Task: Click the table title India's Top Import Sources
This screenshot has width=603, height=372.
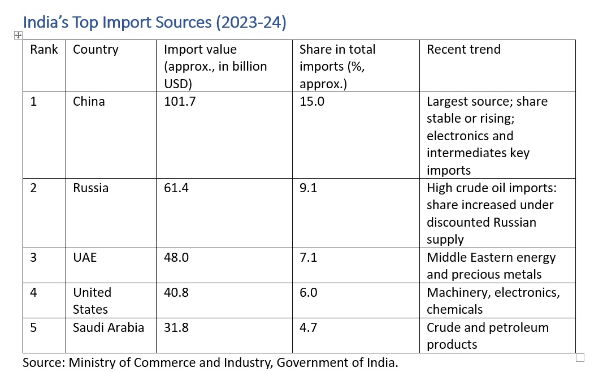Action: pyautogui.click(x=154, y=22)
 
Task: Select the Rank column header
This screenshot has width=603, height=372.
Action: pyautogui.click(x=44, y=49)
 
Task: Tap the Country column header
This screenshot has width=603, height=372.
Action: pyautogui.click(x=96, y=49)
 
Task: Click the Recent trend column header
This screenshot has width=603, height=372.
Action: pyautogui.click(x=463, y=49)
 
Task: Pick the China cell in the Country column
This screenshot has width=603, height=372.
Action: pyautogui.click(x=89, y=102)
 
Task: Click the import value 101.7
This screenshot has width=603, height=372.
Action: pyautogui.click(x=180, y=102)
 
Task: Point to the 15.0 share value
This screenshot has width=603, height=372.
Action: pyautogui.click(x=312, y=102)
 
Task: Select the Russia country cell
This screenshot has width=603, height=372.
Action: pyautogui.click(x=90, y=188)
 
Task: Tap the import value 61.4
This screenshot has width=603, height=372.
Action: pyautogui.click(x=176, y=188)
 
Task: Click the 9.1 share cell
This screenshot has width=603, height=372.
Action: pyautogui.click(x=309, y=188)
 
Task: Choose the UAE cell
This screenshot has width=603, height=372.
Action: pyautogui.click(x=85, y=257)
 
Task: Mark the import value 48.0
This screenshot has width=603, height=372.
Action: pyautogui.click(x=176, y=257)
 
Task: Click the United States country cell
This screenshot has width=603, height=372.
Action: pyautogui.click(x=92, y=301)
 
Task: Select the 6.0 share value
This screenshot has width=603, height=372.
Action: pyautogui.click(x=309, y=292)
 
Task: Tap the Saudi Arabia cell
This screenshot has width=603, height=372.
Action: pyautogui.click(x=109, y=327)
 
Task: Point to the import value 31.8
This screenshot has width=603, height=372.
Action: pyautogui.click(x=176, y=327)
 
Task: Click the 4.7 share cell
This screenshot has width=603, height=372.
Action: pyautogui.click(x=309, y=327)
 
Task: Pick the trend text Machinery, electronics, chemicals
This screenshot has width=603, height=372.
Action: pyautogui.click(x=493, y=301)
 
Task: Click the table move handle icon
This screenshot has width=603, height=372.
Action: pyautogui.click(x=18, y=35)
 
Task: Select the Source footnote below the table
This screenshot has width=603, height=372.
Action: pyautogui.click(x=210, y=362)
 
